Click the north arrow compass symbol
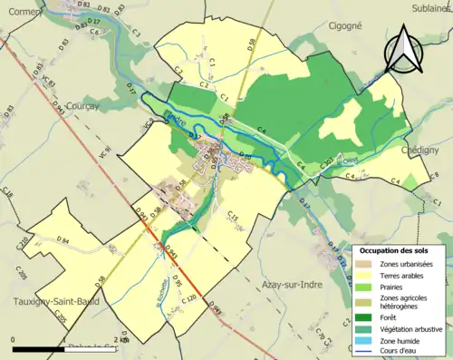tap(406, 48)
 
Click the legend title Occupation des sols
tap(394, 249)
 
